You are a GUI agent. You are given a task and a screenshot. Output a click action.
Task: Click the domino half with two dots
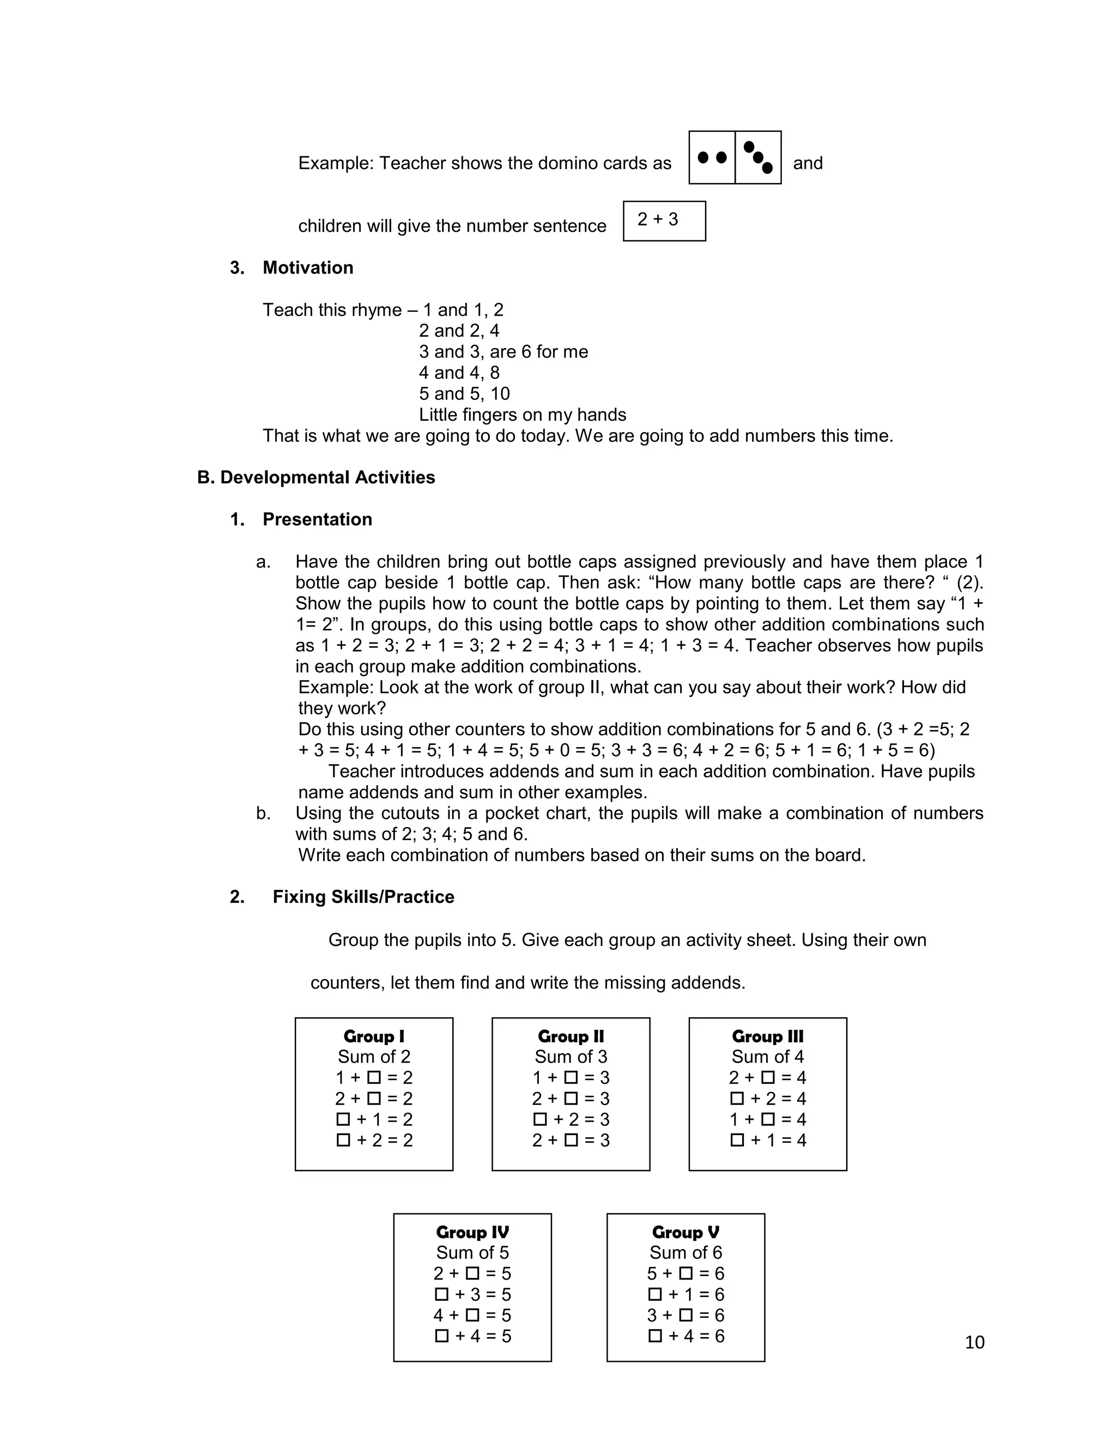[712, 157]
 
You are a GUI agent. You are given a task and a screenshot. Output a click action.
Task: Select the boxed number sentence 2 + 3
[664, 221]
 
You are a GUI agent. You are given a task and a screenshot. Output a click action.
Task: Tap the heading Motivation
[307, 268]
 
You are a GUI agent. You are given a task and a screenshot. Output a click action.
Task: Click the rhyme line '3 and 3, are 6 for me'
[503, 352]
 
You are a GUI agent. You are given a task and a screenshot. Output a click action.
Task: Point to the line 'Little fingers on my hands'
[522, 415]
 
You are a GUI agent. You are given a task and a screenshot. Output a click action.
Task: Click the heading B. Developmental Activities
[316, 477]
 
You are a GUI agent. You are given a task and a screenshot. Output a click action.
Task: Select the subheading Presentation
[317, 519]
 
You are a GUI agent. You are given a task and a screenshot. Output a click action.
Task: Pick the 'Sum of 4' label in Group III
[768, 1057]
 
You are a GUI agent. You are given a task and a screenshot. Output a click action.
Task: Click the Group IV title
[472, 1232]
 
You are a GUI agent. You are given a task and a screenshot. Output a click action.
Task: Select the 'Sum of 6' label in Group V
[686, 1252]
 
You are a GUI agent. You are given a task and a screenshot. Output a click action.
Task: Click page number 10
[974, 1342]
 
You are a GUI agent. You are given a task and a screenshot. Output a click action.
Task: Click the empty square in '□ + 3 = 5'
[441, 1294]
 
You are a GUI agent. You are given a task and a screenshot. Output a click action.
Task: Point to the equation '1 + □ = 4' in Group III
[768, 1119]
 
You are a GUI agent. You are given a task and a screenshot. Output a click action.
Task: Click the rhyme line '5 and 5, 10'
[464, 393]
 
